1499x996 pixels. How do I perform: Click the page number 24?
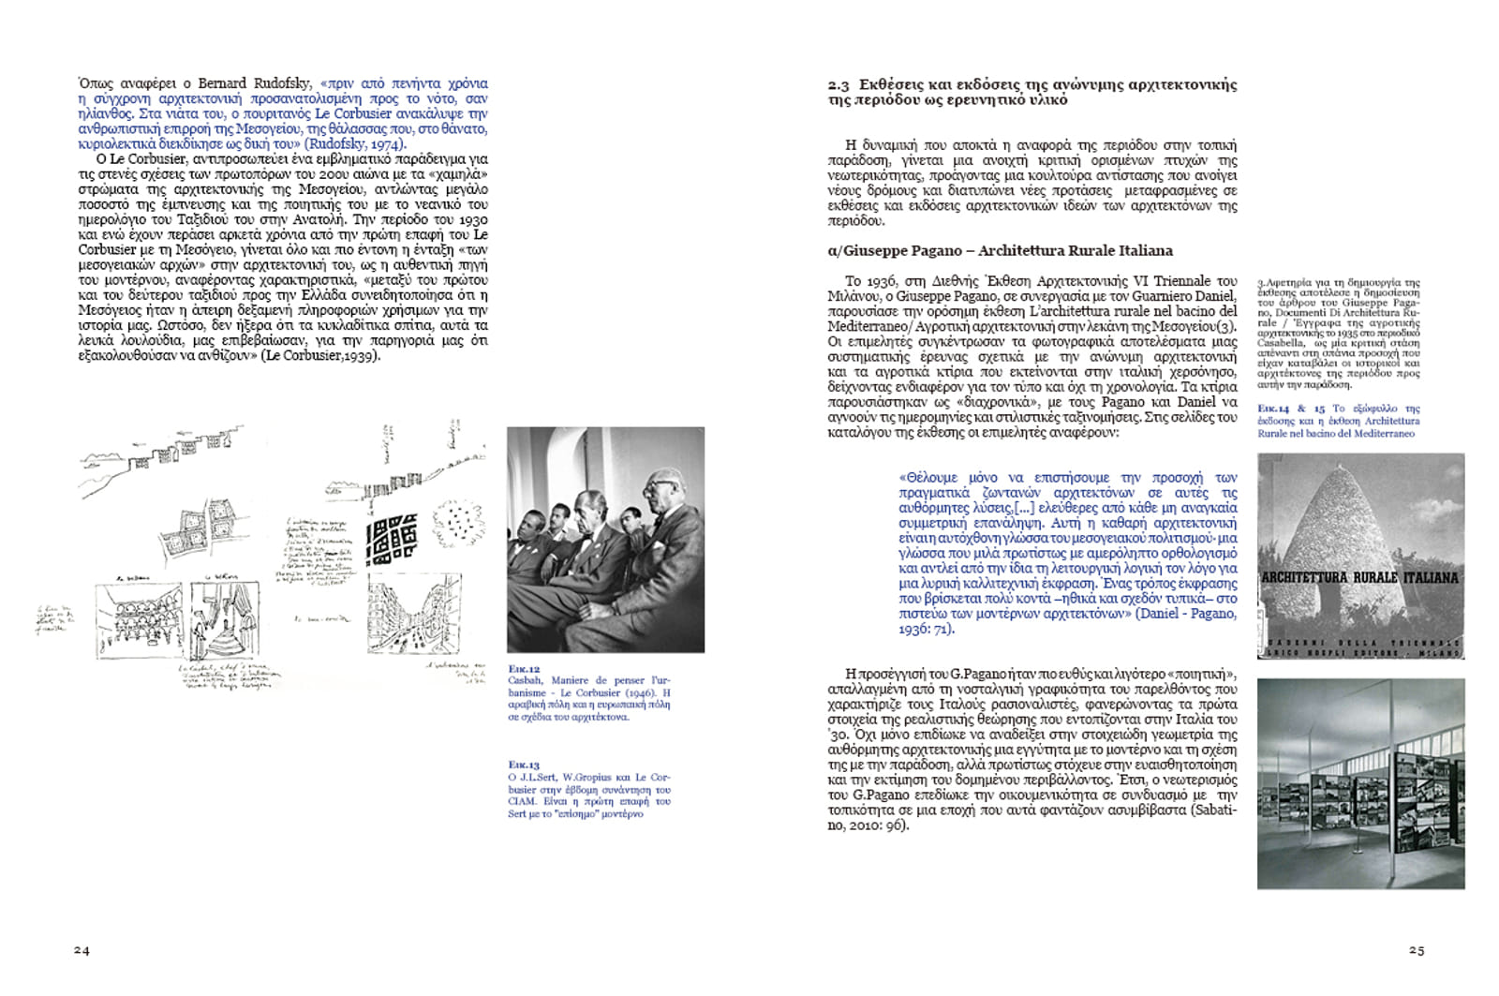pyautogui.click(x=82, y=950)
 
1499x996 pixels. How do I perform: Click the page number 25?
pyautogui.click(x=1416, y=950)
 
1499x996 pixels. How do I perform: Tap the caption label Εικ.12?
pyautogui.click(x=524, y=669)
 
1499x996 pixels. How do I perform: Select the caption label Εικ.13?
pyautogui.click(x=524, y=765)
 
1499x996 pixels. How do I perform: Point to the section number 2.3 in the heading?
pyautogui.click(x=839, y=85)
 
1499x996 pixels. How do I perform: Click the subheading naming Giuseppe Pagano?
pyautogui.click(x=1000, y=250)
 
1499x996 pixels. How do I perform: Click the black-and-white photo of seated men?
pyautogui.click(x=605, y=540)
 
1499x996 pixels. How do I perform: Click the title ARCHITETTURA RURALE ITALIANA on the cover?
pyautogui.click(x=1360, y=578)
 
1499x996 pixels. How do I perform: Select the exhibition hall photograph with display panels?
pyautogui.click(x=1360, y=783)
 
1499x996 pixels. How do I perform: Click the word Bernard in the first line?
pyautogui.click(x=222, y=83)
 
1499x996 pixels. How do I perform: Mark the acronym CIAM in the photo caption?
pyautogui.click(x=522, y=801)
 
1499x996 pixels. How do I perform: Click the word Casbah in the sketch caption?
pyautogui.click(x=525, y=680)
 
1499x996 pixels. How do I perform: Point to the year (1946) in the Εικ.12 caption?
pyautogui.click(x=641, y=692)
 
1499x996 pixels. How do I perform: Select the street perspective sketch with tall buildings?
pyautogui.click(x=401, y=617)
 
